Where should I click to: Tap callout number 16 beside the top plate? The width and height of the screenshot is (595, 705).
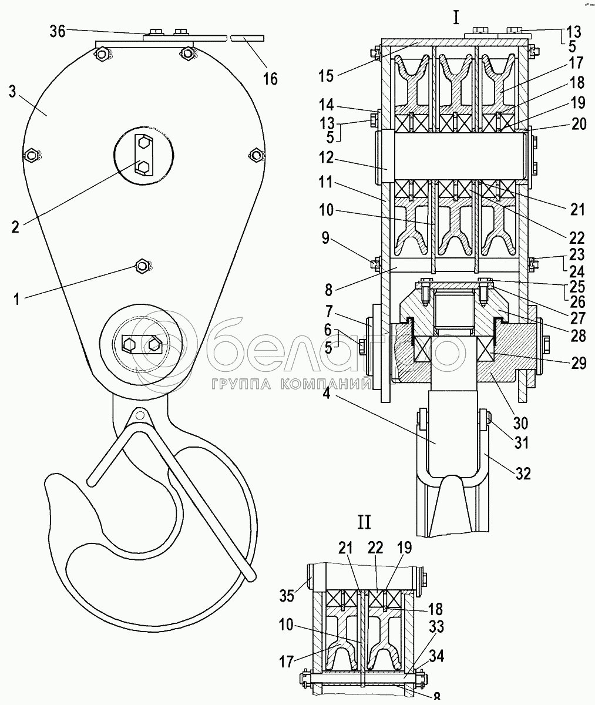(270, 79)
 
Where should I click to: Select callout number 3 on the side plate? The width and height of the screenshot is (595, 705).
(12, 92)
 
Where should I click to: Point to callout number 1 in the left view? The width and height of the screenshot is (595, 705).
(16, 299)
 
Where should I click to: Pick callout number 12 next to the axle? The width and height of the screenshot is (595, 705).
(326, 157)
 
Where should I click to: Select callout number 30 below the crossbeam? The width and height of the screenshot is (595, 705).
(520, 422)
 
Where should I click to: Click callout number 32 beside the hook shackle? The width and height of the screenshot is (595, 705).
(523, 474)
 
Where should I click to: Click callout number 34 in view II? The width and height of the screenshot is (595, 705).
(436, 657)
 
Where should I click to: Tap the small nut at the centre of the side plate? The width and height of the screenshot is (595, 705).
(142, 266)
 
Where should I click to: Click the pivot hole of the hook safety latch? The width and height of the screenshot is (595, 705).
(138, 416)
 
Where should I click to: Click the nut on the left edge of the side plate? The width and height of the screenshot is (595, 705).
(31, 155)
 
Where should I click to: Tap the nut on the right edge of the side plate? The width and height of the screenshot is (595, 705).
(256, 155)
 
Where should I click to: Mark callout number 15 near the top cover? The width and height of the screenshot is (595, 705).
(326, 76)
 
